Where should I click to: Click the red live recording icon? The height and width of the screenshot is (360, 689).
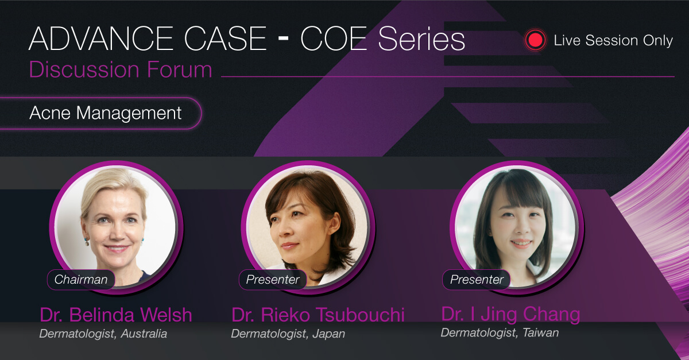pos(535,40)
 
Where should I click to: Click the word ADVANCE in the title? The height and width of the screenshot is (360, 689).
pos(102,38)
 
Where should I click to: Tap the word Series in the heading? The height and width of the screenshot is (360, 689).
pos(421,38)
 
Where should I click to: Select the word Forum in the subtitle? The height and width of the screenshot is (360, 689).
pos(180,69)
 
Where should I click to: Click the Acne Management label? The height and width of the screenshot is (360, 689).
pos(106,113)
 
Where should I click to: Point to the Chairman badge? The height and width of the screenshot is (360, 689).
pos(81,280)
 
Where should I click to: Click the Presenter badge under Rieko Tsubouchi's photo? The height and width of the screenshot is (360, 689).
pos(273,280)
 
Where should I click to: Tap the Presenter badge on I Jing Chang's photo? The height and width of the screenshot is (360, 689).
pos(477,280)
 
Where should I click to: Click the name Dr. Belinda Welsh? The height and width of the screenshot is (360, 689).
pos(116,315)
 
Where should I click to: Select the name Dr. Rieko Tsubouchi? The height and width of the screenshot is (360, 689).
pos(318,315)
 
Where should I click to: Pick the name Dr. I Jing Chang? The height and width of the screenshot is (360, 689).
pos(510,314)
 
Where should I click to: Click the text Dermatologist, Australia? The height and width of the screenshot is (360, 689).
pos(103,334)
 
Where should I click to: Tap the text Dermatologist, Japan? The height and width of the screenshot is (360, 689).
pos(288,334)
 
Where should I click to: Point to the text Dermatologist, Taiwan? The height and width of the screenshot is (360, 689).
pos(500,332)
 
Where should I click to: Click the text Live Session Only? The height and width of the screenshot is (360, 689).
pos(613,40)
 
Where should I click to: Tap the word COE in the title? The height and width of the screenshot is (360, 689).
pos(334,38)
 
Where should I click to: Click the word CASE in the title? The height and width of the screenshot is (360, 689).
pos(225,38)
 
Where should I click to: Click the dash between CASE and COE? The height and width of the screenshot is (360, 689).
pos(283,38)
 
